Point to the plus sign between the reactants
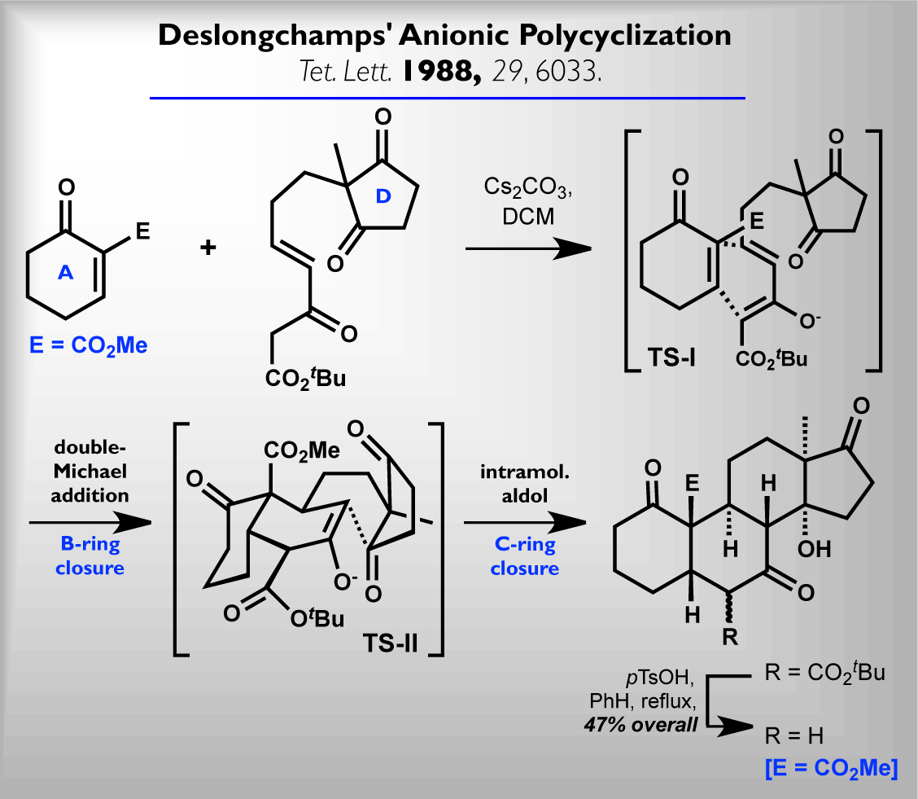point(209,247)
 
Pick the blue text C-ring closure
point(524,556)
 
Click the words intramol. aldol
point(524,481)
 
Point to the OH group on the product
point(814,551)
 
